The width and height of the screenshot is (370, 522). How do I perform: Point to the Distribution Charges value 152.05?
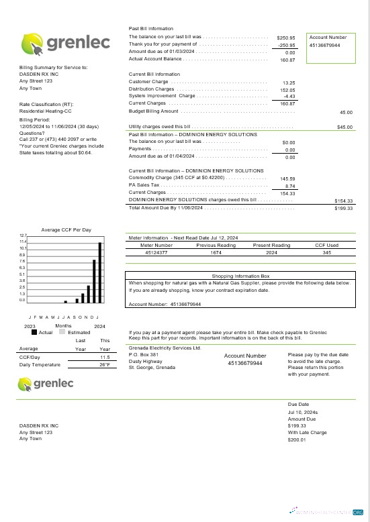(287, 89)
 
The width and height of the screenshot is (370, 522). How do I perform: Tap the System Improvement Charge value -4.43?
(289, 96)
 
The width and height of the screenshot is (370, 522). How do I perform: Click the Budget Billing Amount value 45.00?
(346, 112)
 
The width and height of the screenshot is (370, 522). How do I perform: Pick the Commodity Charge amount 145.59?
(287, 178)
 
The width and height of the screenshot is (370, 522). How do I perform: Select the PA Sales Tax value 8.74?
(290, 186)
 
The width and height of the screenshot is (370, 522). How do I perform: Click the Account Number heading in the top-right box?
(328, 38)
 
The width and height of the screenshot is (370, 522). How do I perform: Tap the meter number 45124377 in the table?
(156, 253)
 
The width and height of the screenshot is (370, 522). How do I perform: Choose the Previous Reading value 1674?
(216, 253)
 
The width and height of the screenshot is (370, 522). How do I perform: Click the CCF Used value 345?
(327, 253)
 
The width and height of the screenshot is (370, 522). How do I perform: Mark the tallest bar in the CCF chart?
(100, 272)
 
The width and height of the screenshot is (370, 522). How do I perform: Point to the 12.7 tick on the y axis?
(22, 236)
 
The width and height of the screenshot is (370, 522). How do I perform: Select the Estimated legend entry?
(75, 332)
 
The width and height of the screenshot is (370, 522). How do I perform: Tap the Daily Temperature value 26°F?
(105, 364)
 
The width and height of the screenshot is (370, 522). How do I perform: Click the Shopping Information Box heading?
(240, 276)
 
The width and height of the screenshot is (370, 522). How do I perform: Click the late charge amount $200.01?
(297, 439)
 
